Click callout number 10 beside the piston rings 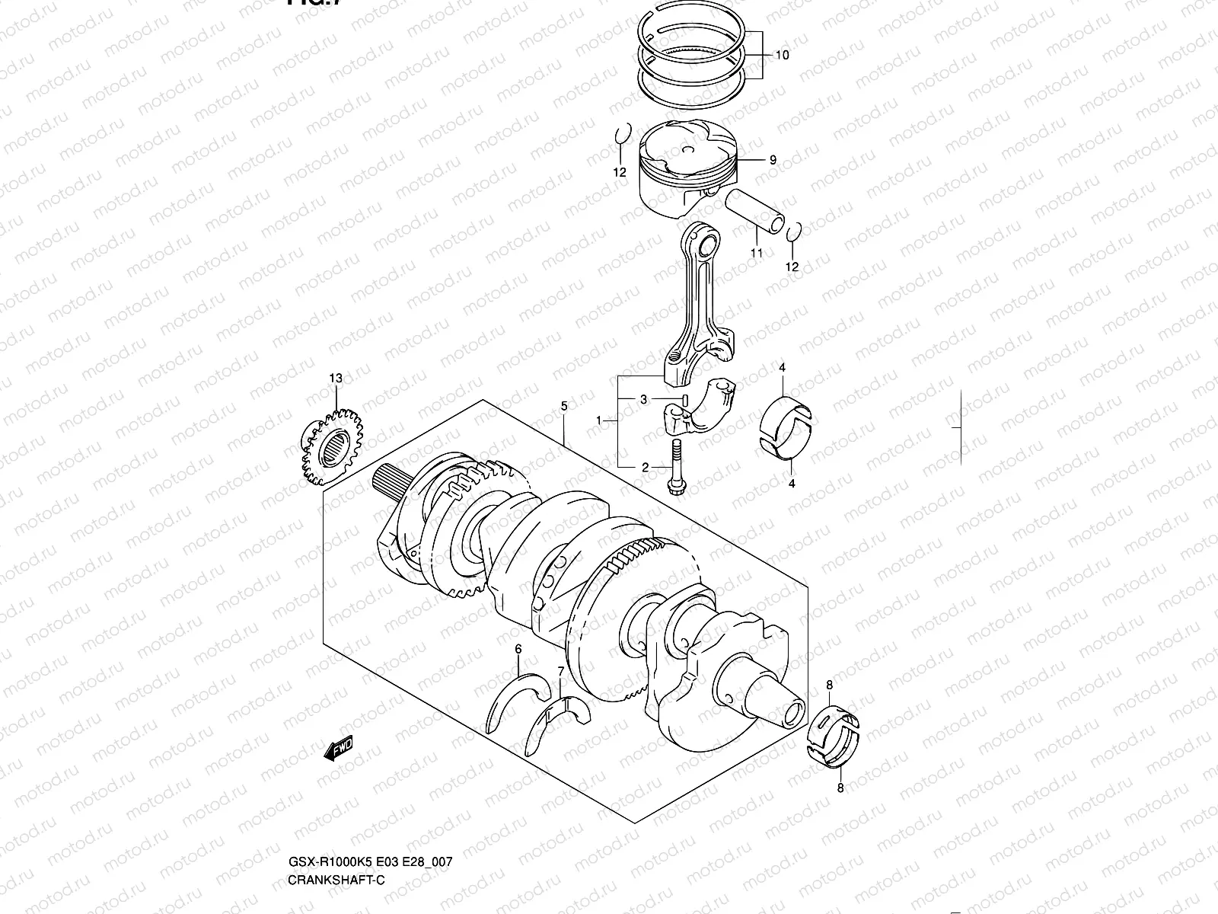[x=782, y=55]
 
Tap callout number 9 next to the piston [x=773, y=160]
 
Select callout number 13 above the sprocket [x=336, y=378]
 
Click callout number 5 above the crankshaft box [x=564, y=406]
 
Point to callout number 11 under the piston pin [x=757, y=253]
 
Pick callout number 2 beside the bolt [x=645, y=468]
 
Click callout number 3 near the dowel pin [x=643, y=399]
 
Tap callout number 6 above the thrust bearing [x=518, y=649]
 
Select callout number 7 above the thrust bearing [x=561, y=670]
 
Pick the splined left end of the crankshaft [x=390, y=481]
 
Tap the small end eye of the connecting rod [x=706, y=245]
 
